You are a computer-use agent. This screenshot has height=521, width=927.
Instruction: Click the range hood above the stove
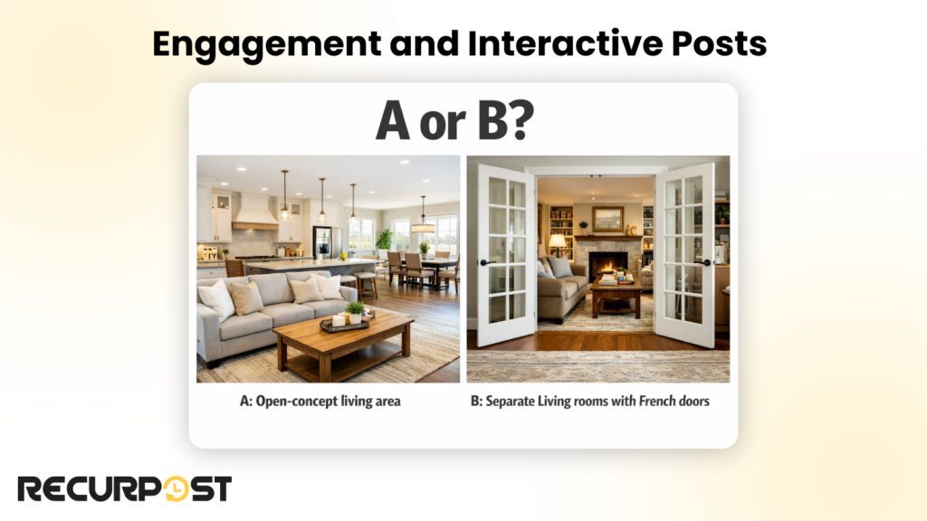pyautogui.click(x=254, y=214)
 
